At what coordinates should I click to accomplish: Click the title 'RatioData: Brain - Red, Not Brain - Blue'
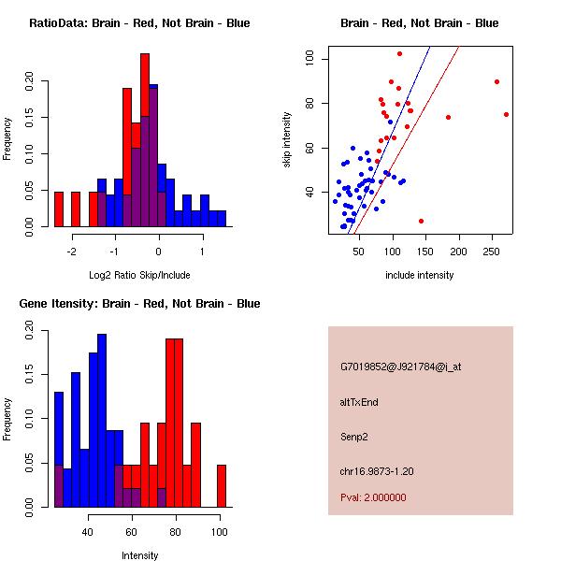point(139,23)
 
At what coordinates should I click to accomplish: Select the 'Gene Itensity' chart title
point(139,304)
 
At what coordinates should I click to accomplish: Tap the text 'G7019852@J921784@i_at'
point(400,367)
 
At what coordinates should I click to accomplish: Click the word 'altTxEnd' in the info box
point(360,402)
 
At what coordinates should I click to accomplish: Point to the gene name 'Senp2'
point(355,436)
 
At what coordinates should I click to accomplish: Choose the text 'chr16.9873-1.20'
point(377,470)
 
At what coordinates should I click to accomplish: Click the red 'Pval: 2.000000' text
point(373,497)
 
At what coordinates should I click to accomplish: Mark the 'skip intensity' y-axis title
point(287,139)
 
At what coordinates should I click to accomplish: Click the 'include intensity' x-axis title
point(420,275)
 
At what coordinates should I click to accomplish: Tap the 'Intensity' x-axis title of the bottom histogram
point(139,555)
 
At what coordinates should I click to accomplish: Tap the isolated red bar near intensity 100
point(222,486)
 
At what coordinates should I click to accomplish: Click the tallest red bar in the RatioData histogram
point(145,140)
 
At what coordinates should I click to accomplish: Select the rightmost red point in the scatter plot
point(506,114)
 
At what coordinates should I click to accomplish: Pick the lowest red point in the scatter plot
point(421,222)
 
